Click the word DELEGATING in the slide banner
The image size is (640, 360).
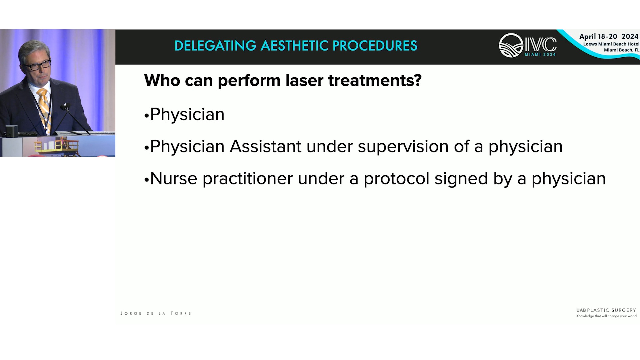point(215,46)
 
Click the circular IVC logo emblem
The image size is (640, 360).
point(511,45)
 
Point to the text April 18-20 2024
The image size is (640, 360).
point(609,36)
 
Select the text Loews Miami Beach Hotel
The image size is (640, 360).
point(611,44)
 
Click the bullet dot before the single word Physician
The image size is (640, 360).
point(146,116)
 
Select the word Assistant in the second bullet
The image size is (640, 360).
point(265,146)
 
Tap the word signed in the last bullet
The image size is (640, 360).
point(461,179)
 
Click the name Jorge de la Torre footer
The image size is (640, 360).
point(156,313)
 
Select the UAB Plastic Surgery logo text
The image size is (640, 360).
point(606,310)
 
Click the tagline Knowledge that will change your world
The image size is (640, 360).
point(606,316)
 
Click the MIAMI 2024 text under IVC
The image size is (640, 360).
point(540,55)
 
